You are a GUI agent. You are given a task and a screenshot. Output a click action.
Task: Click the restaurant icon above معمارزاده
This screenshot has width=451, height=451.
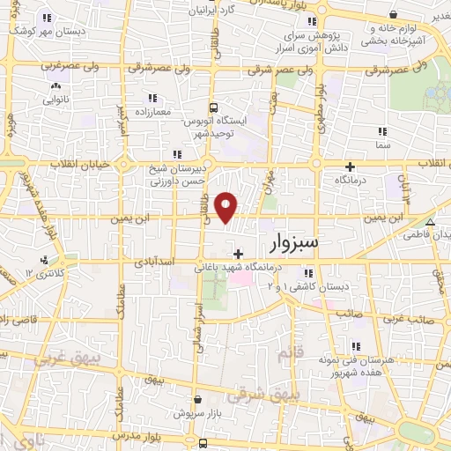[x=152, y=98]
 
